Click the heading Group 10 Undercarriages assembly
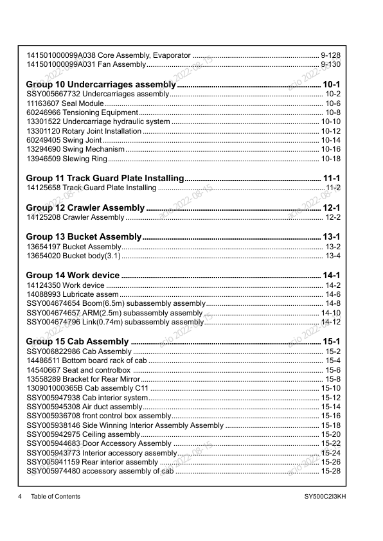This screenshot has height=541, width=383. pyautogui.click(x=100, y=84)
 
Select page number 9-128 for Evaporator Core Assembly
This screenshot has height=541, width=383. pyautogui.click(x=330, y=55)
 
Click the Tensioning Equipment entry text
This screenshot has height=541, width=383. pyautogui.click(x=101, y=112)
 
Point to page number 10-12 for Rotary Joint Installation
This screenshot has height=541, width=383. pyautogui.click(x=330, y=131)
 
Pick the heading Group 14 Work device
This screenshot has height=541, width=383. pyautogui.click(x=73, y=275)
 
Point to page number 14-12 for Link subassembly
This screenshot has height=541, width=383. pyautogui.click(x=330, y=322)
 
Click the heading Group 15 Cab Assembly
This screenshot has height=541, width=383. pyautogui.click(x=78, y=341)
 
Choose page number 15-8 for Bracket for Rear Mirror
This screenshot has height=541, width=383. pyautogui.click(x=333, y=379)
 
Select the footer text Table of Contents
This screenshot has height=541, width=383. pyautogui.click(x=55, y=497)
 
